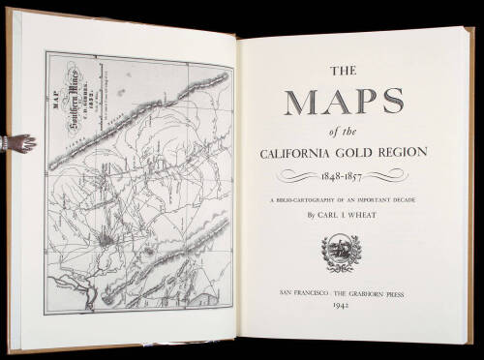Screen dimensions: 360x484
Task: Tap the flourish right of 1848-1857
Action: click(x=408, y=177)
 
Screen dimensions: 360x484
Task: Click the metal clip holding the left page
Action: click(x=17, y=144)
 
